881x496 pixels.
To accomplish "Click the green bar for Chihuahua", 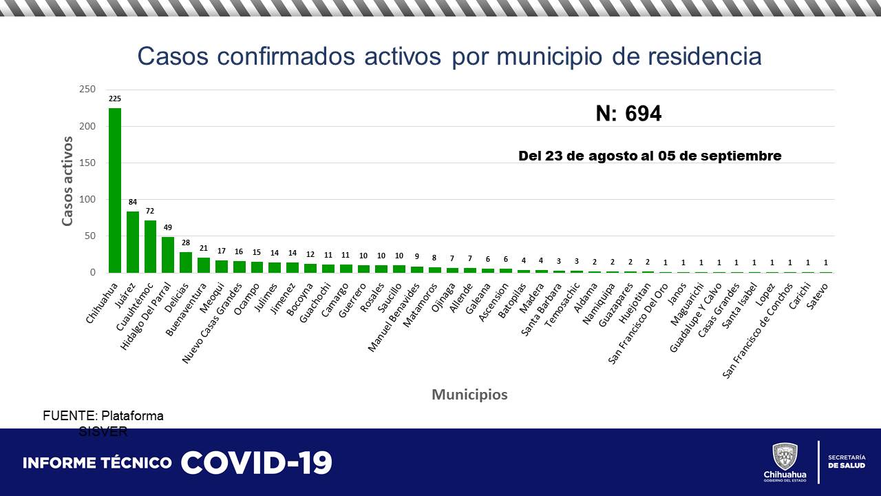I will coord(115,191).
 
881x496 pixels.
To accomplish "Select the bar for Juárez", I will coord(133,242).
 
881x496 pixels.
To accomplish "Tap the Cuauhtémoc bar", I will coord(150,247).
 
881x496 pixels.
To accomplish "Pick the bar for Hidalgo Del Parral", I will coord(168,255).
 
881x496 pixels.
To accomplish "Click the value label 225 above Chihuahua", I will coord(115,99).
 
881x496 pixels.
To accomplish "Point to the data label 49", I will coord(168,228).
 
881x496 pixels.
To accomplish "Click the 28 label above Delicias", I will coord(186,243).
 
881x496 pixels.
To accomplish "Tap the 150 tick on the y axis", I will coord(87,163).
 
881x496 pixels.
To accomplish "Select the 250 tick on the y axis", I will coord(87,90).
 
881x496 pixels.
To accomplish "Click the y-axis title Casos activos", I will coord(67,181).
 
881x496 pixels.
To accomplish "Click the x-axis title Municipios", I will coord(469,395).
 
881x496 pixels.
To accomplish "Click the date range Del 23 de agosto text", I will coord(649,156).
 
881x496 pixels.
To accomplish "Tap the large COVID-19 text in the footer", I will coord(257,463).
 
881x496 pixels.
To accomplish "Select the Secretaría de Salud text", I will coord(847,462).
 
